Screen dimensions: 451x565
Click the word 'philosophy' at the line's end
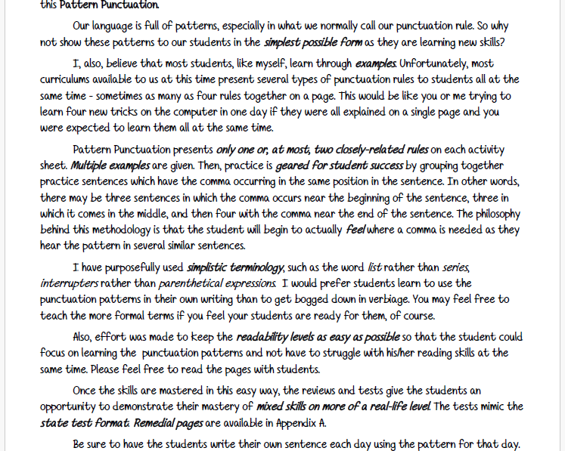click(492, 214)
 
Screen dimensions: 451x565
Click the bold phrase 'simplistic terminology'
click(235, 267)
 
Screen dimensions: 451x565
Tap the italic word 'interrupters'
click(69, 283)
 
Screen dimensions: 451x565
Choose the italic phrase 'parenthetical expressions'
click(217, 283)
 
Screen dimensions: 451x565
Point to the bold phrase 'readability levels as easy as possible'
click(318, 337)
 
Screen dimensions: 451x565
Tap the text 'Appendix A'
click(300, 423)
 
